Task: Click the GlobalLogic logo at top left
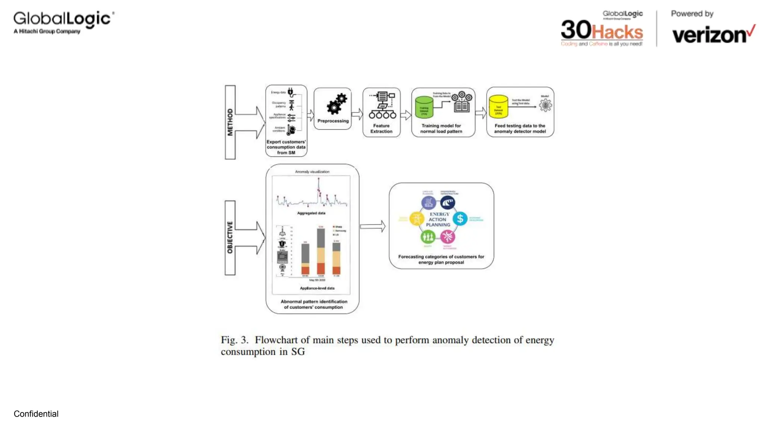coord(63,22)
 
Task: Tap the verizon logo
coord(713,35)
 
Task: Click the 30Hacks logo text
coord(602,31)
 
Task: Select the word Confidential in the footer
coord(36,414)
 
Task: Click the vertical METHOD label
coord(230,122)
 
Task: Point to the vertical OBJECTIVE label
coord(230,237)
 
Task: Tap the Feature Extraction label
coord(381,128)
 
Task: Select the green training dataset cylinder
coord(424,107)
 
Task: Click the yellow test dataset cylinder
coord(498,106)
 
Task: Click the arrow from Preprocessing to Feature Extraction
coord(357,114)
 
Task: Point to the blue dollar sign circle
coord(460,219)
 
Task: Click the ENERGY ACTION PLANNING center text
coord(439,219)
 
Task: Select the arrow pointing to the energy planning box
coord(373,226)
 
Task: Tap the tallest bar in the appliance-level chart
coord(320,251)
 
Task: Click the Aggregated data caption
coord(311,213)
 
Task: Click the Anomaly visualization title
coord(312,172)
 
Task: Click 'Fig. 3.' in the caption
coord(234,340)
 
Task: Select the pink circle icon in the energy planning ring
coord(448,236)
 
